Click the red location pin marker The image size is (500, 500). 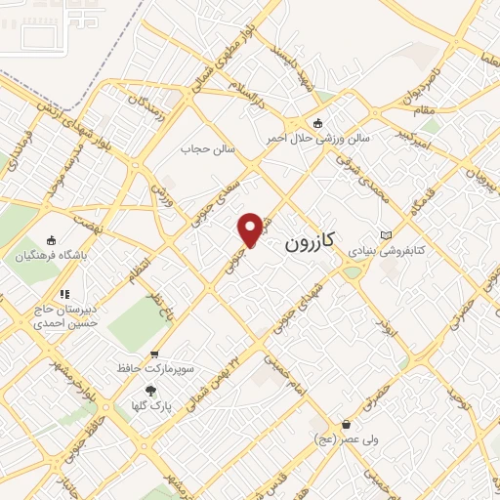coord(251,229)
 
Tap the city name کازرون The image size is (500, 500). coord(312,242)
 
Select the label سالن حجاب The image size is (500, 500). coord(207,149)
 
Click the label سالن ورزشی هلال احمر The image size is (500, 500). coord(319,139)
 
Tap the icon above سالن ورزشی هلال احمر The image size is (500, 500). coord(317,123)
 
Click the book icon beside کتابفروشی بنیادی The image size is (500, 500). coord(386,235)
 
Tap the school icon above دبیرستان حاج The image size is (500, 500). coord(65,293)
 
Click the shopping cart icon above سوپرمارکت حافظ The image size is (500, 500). coord(153,355)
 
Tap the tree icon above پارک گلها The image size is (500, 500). coord(148,390)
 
